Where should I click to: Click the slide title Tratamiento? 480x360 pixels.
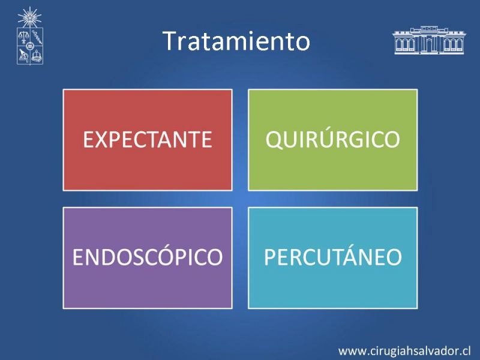click(236, 41)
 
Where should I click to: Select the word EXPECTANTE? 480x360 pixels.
click(147, 140)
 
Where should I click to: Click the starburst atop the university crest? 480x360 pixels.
click(29, 17)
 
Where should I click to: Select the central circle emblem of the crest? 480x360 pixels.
click(29, 46)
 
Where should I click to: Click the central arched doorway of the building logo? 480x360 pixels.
click(428, 46)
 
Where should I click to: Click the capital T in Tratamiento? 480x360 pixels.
click(170, 41)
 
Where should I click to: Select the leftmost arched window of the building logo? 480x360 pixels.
click(399, 45)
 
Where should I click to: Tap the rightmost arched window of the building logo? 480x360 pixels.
click(460, 45)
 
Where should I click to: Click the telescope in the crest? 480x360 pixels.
click(23, 55)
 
